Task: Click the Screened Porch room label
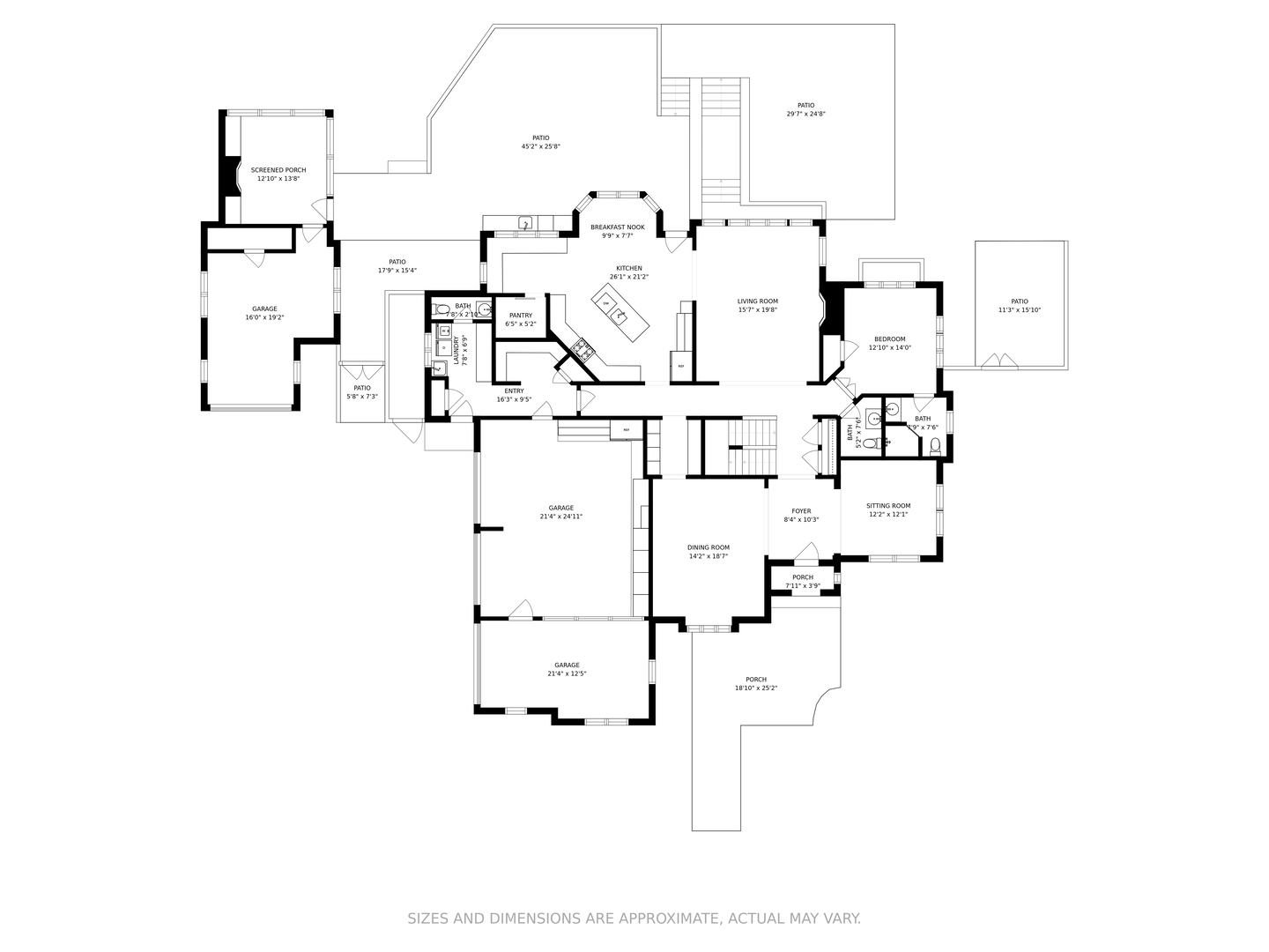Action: (278, 170)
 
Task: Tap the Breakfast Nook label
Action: (617, 227)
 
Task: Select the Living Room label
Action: (757, 301)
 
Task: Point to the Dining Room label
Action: (709, 547)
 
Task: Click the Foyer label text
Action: (801, 511)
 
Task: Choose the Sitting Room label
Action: (888, 506)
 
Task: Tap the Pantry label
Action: (520, 316)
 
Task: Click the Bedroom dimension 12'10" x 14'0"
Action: (889, 348)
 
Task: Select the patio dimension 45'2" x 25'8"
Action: (540, 147)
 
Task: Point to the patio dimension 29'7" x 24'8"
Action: (805, 114)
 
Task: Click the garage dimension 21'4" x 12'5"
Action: (567, 674)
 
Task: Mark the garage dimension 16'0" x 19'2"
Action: (264, 317)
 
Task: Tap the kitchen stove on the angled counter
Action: (583, 350)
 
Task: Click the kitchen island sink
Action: (620, 316)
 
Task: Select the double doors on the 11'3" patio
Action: (999, 361)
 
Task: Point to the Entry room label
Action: (514, 390)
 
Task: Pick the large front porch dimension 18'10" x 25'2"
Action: (756, 688)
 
